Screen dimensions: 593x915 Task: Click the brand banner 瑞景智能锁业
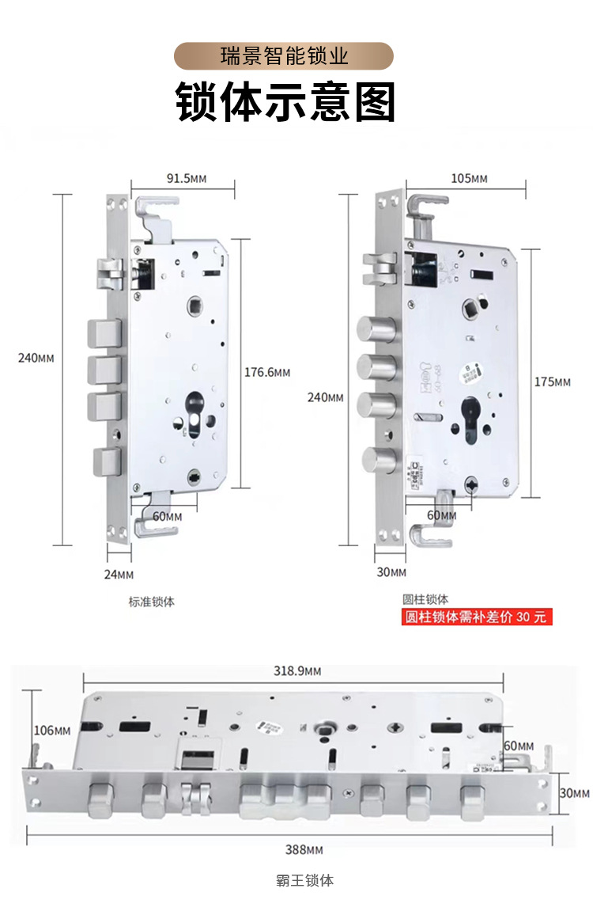284,56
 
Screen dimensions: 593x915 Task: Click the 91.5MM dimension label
187,178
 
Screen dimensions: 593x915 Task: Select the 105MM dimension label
469,178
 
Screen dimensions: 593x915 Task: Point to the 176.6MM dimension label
266,372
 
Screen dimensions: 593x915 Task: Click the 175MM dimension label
552,382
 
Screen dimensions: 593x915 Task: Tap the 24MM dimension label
119,574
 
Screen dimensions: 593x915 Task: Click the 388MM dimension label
304,850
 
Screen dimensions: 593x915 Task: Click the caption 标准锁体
152,602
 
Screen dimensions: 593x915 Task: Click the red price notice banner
476,617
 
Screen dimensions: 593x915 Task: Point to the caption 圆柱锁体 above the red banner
425,600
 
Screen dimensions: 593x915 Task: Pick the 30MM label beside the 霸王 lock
575,792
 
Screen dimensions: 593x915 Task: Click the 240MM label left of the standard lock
36,358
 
